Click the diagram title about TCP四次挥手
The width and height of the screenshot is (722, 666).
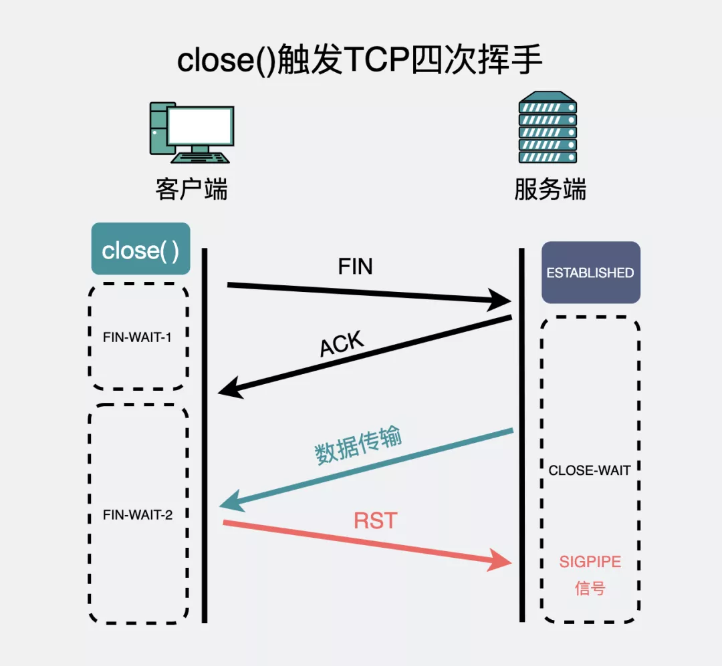point(360,61)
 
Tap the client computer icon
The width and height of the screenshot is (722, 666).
point(191,133)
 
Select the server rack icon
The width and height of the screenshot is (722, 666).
point(548,129)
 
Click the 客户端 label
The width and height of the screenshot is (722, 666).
point(191,189)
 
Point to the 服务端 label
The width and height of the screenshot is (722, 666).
point(550,189)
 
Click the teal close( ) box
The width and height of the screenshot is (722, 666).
point(140,249)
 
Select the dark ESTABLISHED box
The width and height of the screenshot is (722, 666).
point(590,273)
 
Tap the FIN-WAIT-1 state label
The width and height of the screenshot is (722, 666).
point(137,337)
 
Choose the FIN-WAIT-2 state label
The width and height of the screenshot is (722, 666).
point(138,514)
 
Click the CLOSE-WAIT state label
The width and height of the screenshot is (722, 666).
point(589,470)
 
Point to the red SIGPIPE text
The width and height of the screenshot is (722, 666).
point(590,562)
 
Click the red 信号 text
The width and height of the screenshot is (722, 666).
point(590,589)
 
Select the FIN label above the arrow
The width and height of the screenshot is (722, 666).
point(355,267)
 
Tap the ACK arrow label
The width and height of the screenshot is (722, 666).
point(342,345)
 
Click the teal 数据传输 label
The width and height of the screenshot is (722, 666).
point(358,446)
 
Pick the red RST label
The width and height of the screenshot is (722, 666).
point(375,520)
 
